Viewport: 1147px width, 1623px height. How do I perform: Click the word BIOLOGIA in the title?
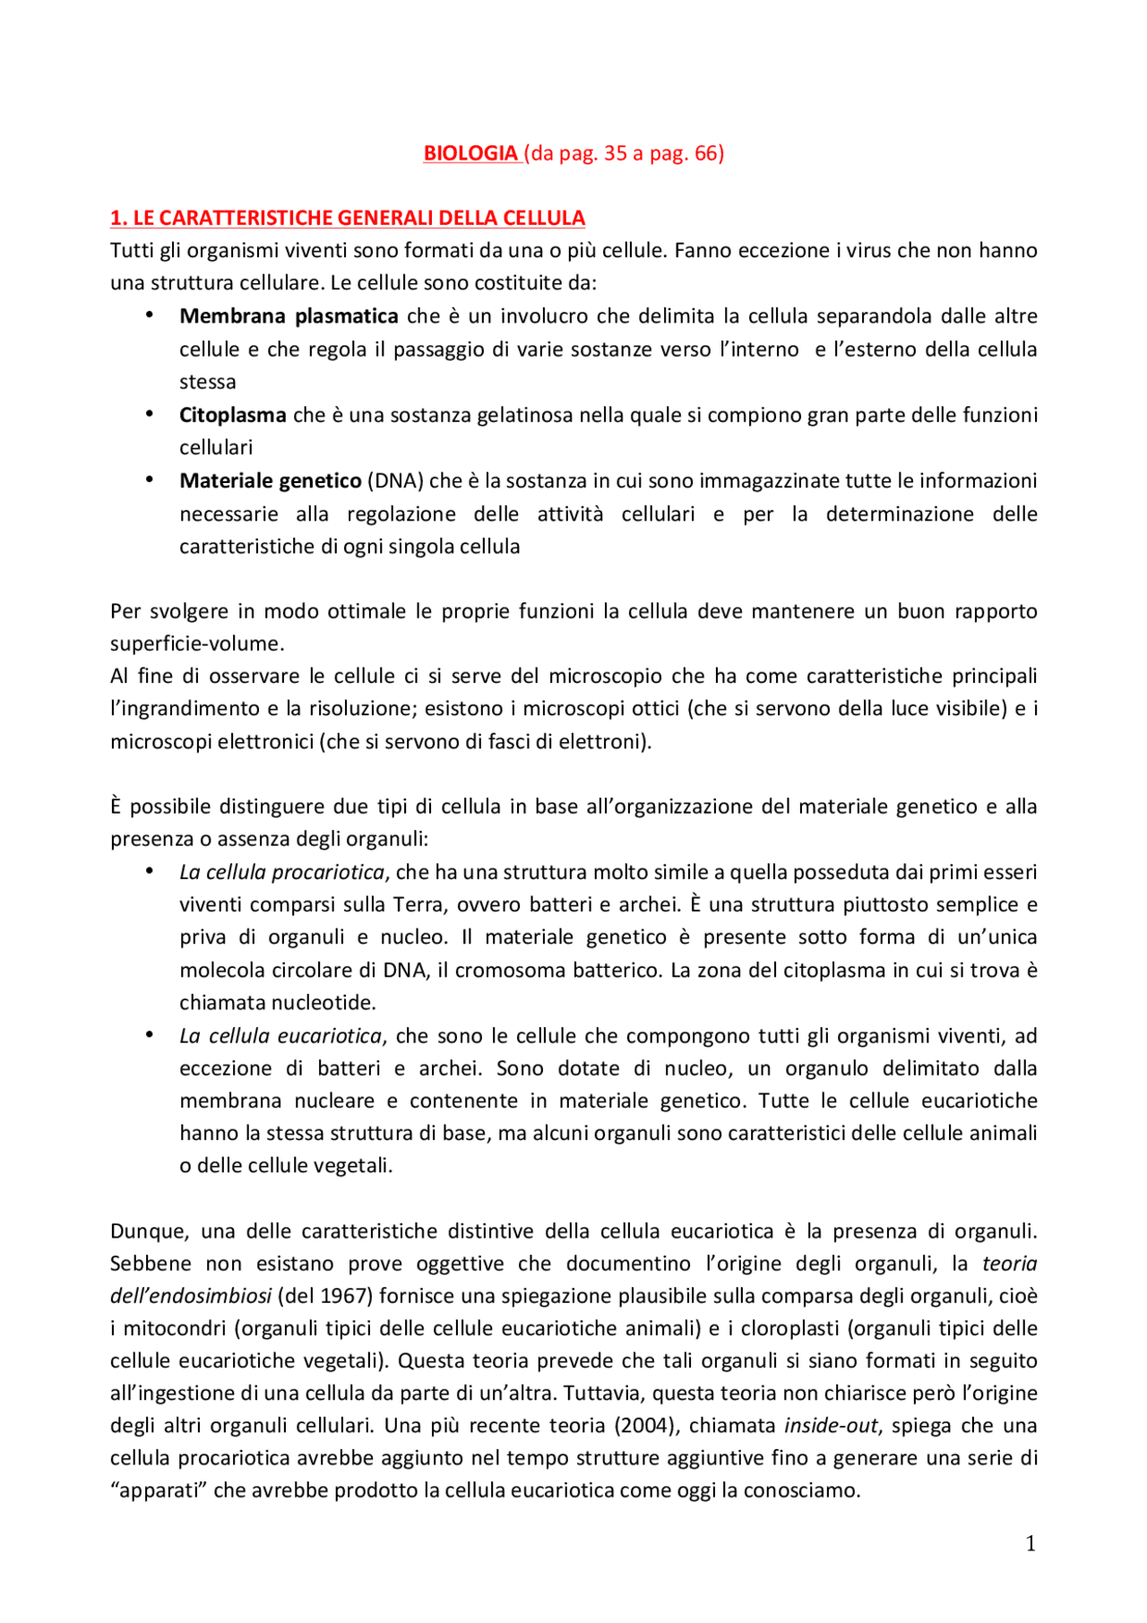point(470,153)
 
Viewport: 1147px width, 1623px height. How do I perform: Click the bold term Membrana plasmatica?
point(289,316)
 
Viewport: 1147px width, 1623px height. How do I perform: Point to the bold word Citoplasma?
point(232,415)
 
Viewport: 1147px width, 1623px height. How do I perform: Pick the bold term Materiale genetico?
point(270,481)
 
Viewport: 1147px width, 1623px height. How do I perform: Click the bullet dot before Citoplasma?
point(150,414)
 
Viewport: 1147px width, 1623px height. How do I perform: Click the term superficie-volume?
point(196,644)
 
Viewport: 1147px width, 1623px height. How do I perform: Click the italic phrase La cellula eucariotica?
point(280,1036)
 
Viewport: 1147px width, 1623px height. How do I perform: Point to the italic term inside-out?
point(831,1426)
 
